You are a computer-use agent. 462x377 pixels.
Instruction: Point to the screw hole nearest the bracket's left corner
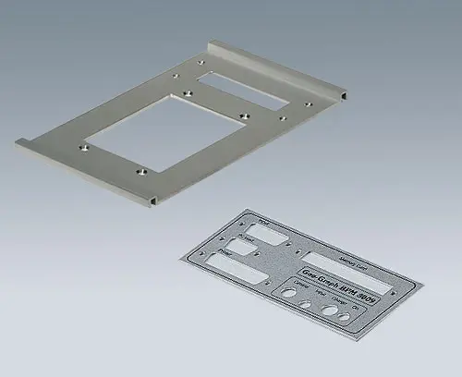[x=82, y=145]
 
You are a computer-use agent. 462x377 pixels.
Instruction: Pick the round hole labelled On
[x=346, y=317]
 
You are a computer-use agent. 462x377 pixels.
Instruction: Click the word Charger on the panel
[x=338, y=299]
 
